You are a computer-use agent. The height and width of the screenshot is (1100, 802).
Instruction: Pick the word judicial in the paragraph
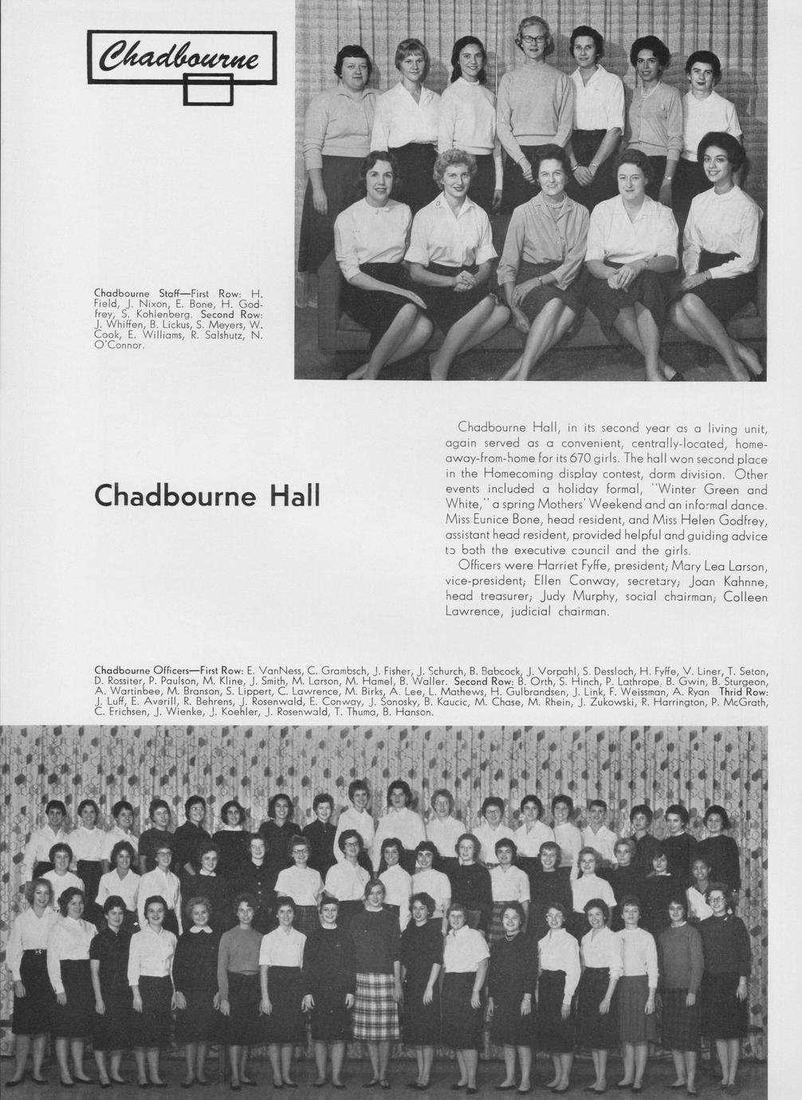pos(540,611)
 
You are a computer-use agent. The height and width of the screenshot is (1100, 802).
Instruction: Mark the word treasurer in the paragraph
pos(507,596)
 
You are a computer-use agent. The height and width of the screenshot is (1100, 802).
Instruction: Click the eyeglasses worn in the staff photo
pos(533,39)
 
